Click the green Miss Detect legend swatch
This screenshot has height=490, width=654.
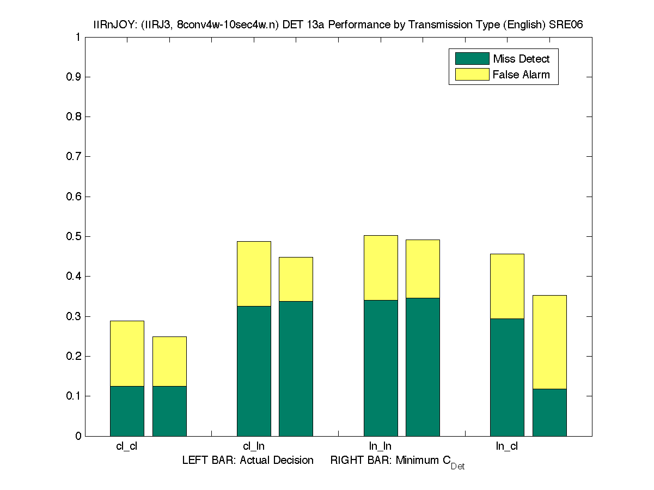[x=472, y=59]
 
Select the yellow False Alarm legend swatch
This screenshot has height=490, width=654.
[x=472, y=75]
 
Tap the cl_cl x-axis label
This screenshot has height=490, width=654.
[x=127, y=446]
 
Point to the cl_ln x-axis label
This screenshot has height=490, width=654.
[x=254, y=446]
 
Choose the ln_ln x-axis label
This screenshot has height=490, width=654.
[x=380, y=446]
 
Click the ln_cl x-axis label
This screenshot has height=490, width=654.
[x=506, y=446]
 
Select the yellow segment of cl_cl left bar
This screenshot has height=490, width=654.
[x=127, y=353]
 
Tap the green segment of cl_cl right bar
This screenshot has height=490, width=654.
[x=169, y=411]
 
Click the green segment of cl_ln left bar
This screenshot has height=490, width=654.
[x=254, y=371]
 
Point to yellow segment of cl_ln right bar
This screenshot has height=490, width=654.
[x=296, y=279]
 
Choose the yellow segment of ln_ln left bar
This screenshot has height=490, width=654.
[x=380, y=267]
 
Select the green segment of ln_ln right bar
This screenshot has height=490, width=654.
[x=423, y=366]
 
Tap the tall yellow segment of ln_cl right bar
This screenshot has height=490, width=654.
[x=549, y=342]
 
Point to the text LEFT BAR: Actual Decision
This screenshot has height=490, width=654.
[x=248, y=461]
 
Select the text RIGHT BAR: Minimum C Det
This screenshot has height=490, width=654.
[x=397, y=462]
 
